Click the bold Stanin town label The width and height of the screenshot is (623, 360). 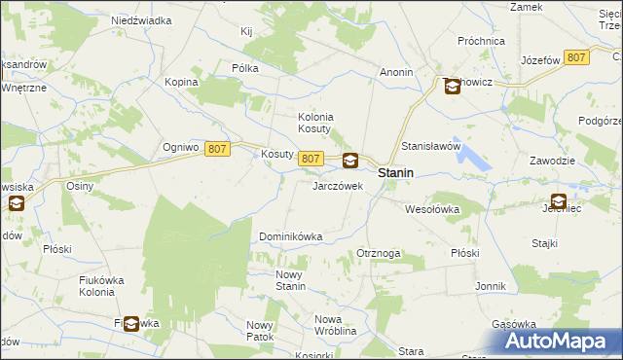click(x=395, y=173)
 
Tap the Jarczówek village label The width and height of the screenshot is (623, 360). click(x=337, y=185)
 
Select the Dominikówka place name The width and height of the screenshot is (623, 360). click(x=290, y=236)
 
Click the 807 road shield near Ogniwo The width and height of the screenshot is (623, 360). click(x=217, y=148)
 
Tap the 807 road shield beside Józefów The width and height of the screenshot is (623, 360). click(x=576, y=58)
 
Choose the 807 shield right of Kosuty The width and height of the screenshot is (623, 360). click(x=311, y=159)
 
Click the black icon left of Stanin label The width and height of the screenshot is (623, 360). click(x=349, y=162)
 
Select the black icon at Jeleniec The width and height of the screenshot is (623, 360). click(x=558, y=202)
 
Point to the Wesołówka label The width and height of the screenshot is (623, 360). click(x=431, y=208)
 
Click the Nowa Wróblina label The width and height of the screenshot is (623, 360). click(x=337, y=326)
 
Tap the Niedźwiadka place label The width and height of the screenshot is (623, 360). click(x=141, y=19)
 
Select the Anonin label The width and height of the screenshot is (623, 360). click(x=397, y=72)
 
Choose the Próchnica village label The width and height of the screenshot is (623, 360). click(x=481, y=41)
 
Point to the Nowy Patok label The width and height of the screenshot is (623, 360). click(x=260, y=331)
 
